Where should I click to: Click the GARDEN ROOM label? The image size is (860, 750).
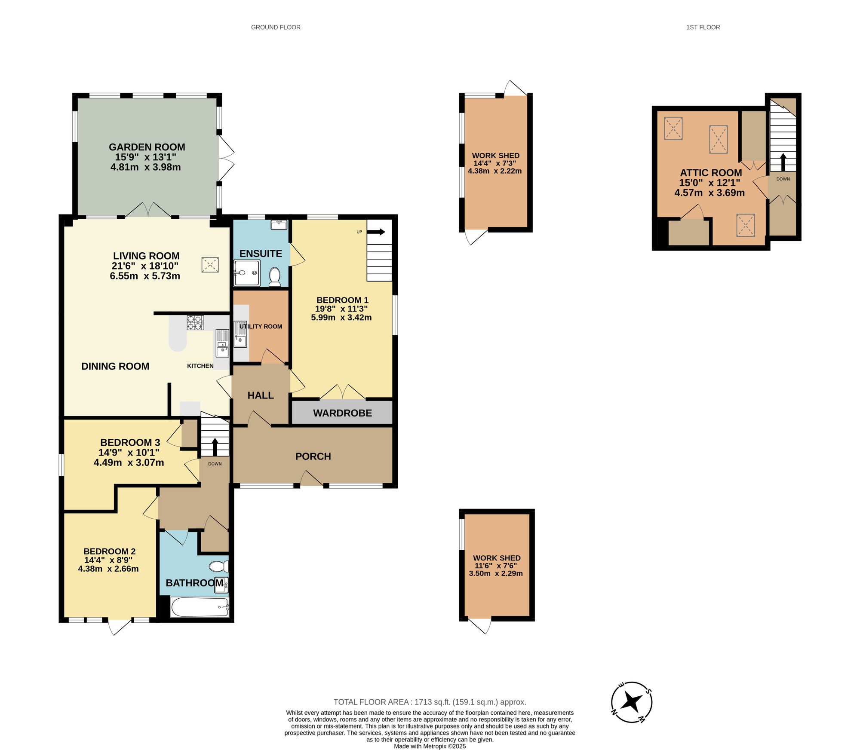click(x=147, y=147)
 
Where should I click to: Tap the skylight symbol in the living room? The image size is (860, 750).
click(x=210, y=265)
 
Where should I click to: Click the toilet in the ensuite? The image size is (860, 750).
click(x=274, y=276)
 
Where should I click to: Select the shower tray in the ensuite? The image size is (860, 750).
click(x=247, y=273)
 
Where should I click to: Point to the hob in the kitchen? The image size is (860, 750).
click(x=195, y=322)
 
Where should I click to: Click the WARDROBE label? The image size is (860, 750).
click(x=342, y=413)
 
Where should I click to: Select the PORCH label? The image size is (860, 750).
click(x=313, y=456)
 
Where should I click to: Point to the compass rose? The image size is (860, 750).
click(x=632, y=702)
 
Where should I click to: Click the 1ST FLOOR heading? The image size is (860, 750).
click(x=703, y=27)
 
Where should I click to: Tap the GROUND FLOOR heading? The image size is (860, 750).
click(x=276, y=27)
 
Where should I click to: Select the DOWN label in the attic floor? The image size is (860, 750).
click(x=783, y=179)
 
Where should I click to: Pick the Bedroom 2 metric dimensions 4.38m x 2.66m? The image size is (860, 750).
click(x=108, y=569)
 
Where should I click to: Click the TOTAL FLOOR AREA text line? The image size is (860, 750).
click(x=430, y=702)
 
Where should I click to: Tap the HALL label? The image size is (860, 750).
click(x=261, y=395)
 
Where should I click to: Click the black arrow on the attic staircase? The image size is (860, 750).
click(x=783, y=162)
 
